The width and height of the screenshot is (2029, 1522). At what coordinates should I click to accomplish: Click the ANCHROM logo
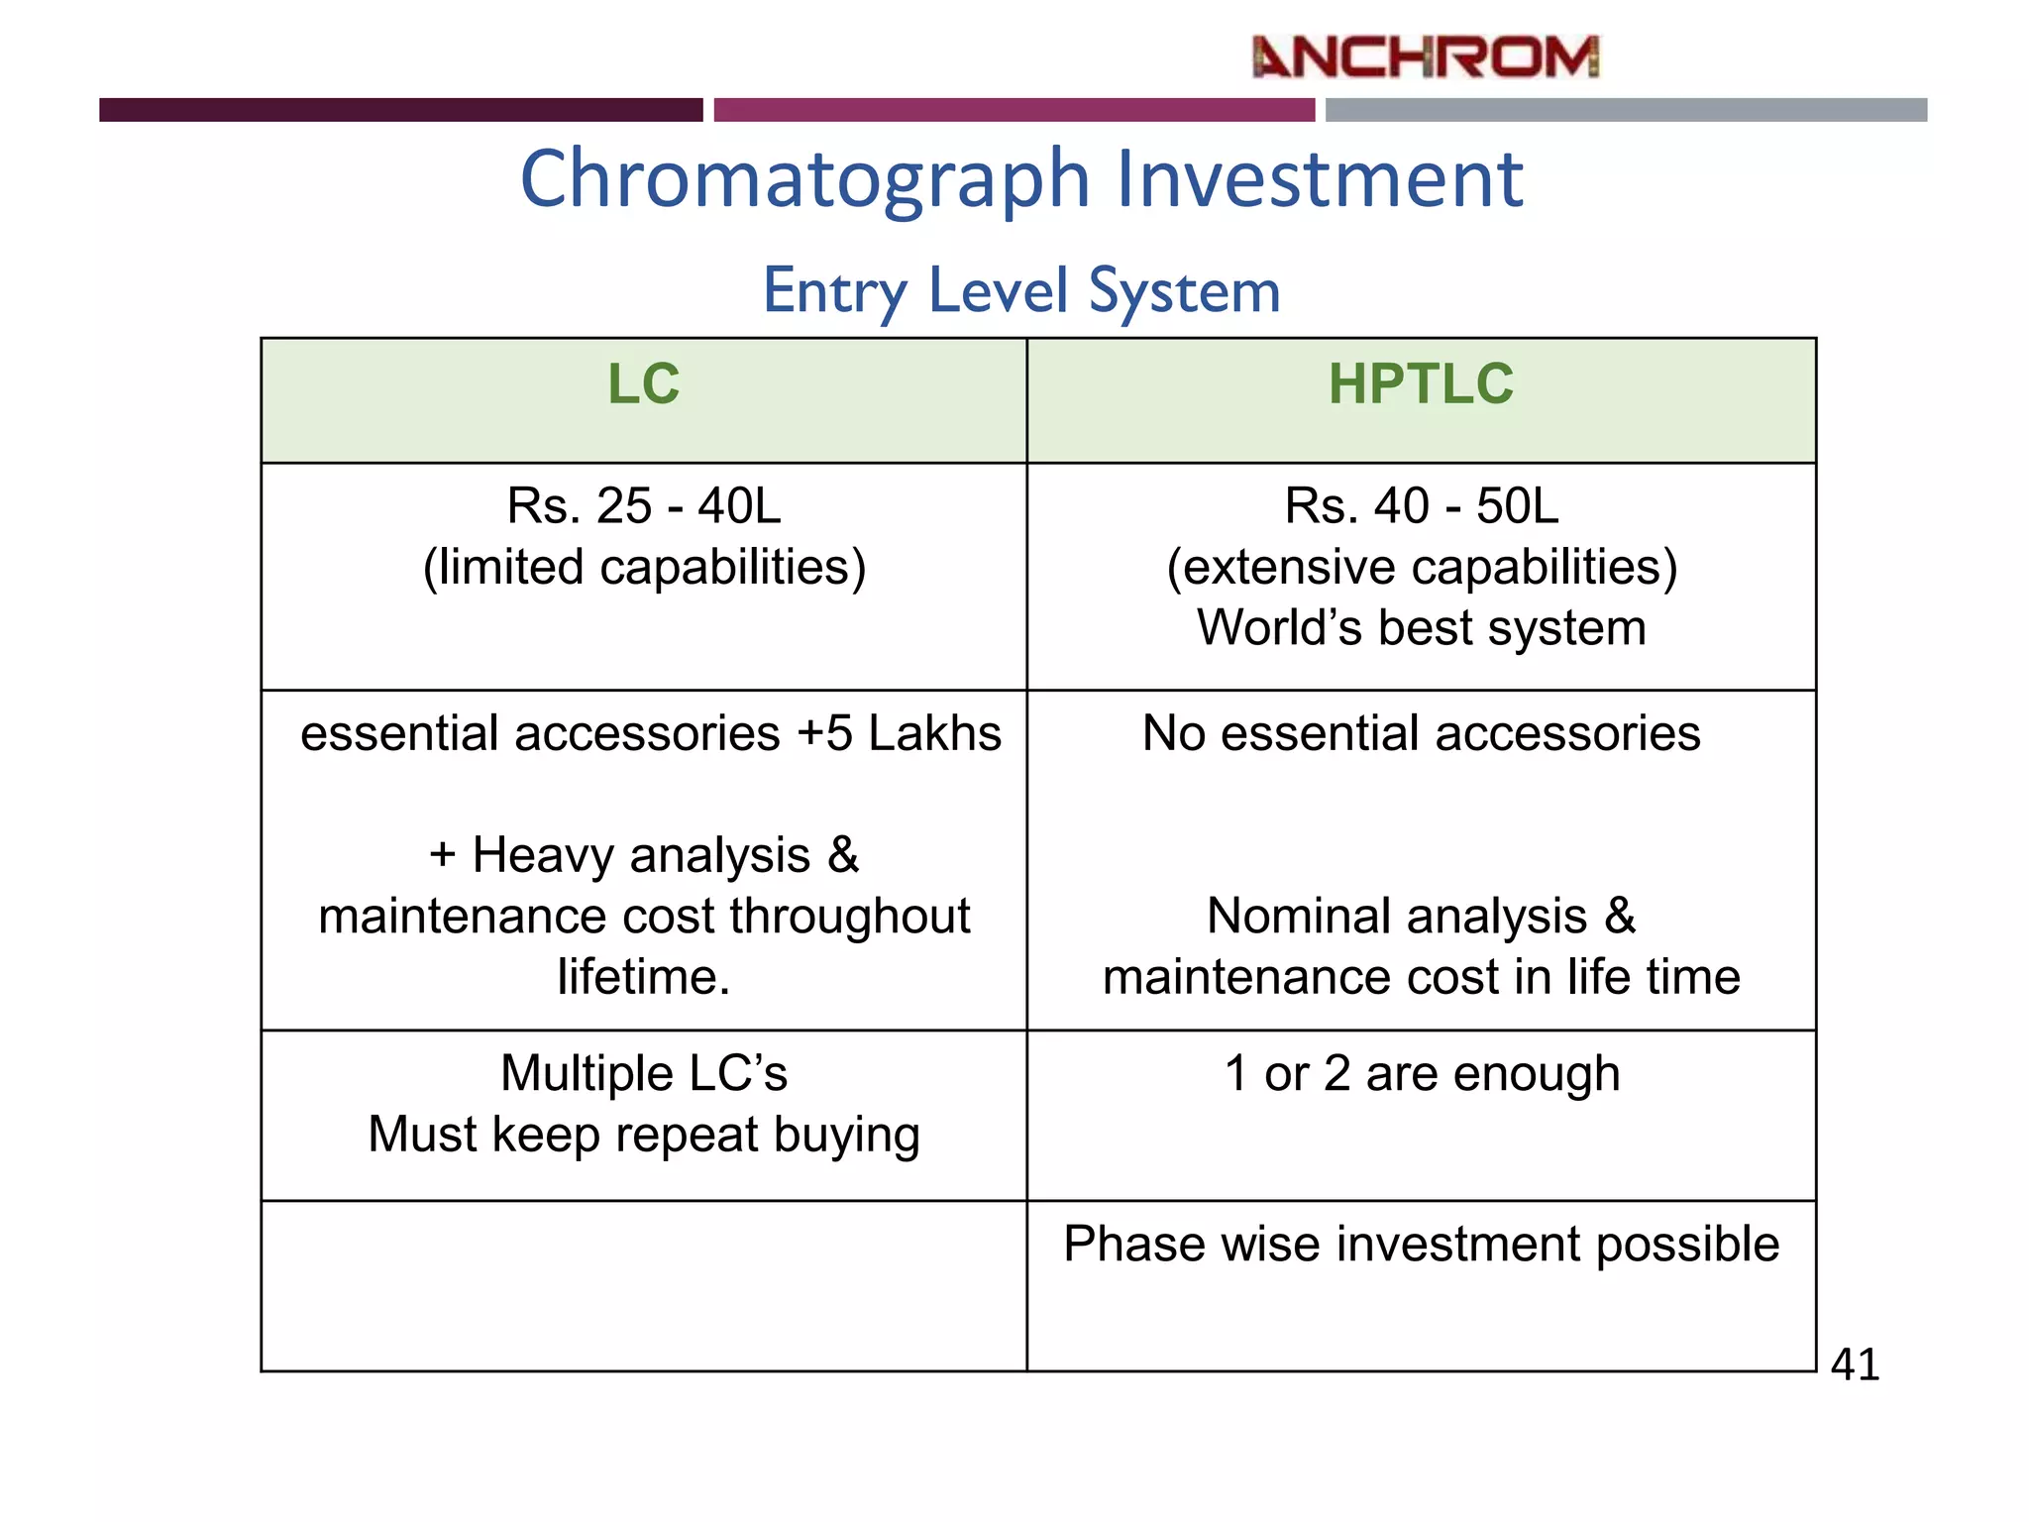tap(1425, 56)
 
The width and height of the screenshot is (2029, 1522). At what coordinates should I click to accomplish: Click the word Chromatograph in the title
tap(805, 179)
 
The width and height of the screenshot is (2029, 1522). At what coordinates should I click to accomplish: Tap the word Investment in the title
tap(1320, 179)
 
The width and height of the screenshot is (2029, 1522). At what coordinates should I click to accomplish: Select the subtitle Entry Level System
tap(1021, 291)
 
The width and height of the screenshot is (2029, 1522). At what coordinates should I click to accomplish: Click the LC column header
tap(644, 384)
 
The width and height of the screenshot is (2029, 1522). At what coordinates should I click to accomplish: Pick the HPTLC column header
tap(1421, 384)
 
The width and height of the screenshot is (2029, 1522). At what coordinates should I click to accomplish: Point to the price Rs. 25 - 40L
tap(644, 506)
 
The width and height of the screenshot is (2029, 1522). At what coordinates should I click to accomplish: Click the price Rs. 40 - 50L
tap(1422, 506)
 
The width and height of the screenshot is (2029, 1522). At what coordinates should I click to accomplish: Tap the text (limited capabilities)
tap(644, 568)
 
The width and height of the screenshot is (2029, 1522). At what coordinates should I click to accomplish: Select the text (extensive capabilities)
tap(1422, 568)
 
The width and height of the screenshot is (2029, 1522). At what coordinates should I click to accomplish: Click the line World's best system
tap(1422, 628)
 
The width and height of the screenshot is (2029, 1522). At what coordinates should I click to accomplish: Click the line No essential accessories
tap(1422, 734)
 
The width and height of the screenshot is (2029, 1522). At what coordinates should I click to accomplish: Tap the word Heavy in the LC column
tap(543, 855)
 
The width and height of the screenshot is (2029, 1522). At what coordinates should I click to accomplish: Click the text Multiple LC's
tap(644, 1074)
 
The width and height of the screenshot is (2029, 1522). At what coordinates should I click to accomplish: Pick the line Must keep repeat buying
tap(644, 1136)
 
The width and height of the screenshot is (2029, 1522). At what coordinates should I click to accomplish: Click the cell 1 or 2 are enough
tap(1422, 1074)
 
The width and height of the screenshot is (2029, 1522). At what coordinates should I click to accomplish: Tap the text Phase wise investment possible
tap(1422, 1245)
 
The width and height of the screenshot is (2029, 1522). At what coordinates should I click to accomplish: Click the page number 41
tap(1855, 1365)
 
